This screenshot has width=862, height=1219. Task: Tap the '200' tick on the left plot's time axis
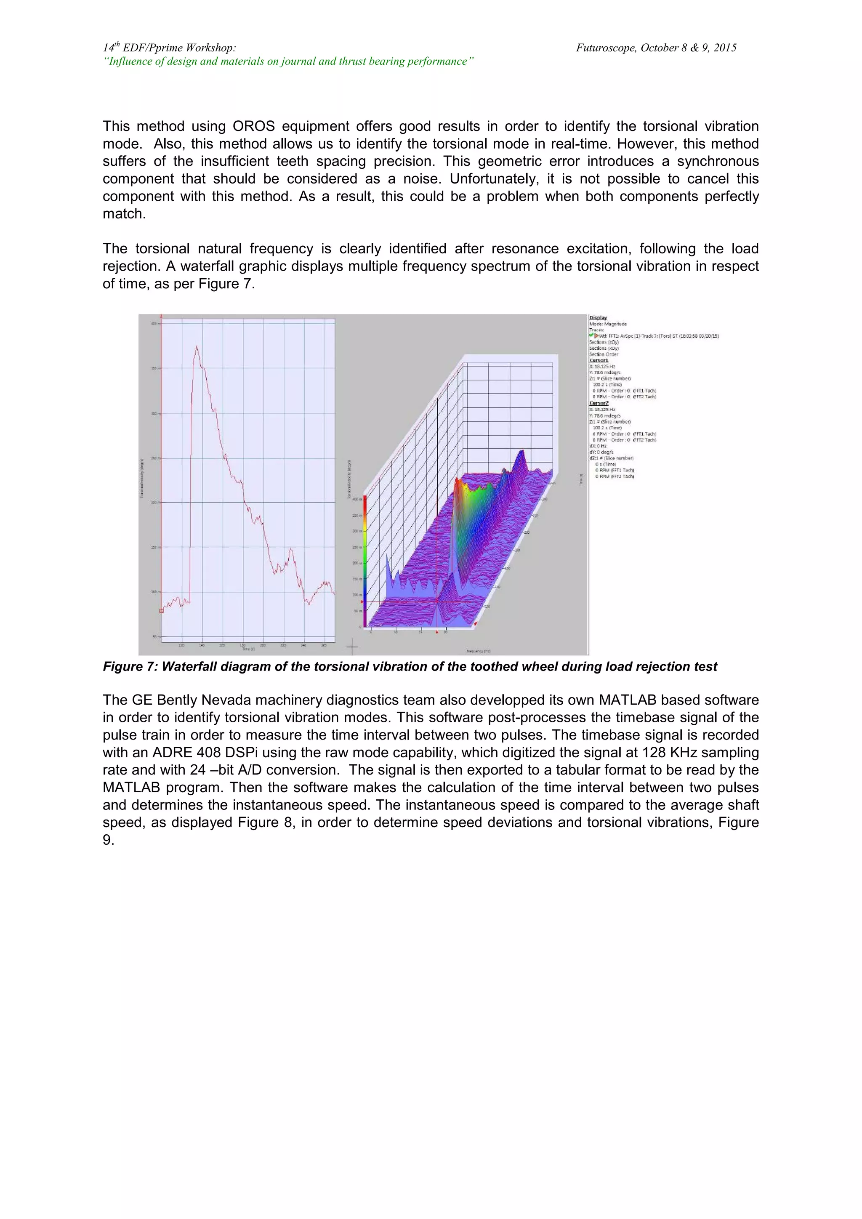click(x=263, y=645)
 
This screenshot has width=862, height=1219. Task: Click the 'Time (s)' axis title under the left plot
click(x=248, y=649)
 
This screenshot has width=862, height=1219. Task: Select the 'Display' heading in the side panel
click(x=598, y=317)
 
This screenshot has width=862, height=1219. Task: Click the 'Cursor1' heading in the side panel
click(x=599, y=360)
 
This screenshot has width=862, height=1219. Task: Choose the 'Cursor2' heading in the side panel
click(x=599, y=404)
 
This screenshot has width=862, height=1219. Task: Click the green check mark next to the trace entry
click(x=591, y=335)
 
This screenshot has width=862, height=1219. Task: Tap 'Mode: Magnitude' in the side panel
click(x=608, y=324)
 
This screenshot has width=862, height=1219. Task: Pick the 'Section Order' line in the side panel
click(x=604, y=354)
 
